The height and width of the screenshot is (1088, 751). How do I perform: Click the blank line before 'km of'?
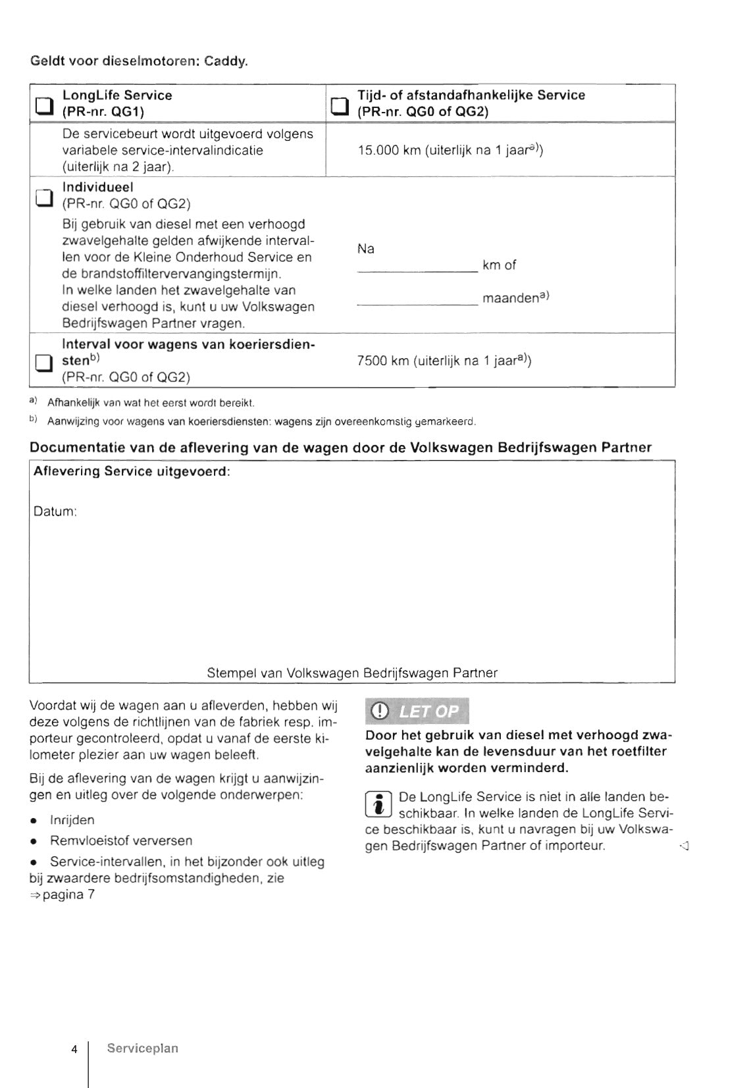[417, 270]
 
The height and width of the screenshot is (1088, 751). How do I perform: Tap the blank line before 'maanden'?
[417, 303]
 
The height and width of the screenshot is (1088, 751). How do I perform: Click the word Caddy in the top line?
[226, 62]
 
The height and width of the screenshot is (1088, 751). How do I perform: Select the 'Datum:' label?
[55, 511]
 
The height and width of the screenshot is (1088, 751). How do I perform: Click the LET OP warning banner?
[417, 711]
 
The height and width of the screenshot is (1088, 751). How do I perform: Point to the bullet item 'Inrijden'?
[72, 820]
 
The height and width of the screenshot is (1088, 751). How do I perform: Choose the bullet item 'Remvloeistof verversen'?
[121, 841]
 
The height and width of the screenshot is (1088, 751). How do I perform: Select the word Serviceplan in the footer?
[143, 1049]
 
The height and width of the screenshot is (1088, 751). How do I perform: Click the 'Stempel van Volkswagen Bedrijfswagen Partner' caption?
[352, 673]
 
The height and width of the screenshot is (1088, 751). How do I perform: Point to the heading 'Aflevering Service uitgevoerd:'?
[132, 472]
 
